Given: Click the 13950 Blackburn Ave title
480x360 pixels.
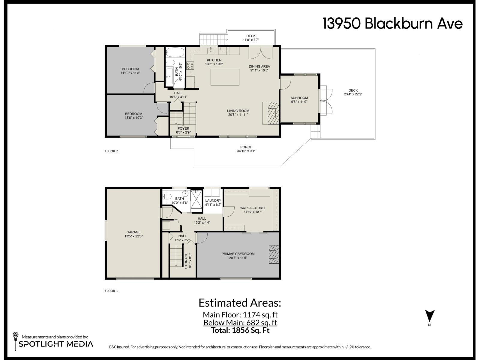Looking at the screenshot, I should pos(392,23).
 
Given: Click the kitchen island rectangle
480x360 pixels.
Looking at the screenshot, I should pos(225,77).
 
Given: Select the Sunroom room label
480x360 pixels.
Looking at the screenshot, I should pos(299,100).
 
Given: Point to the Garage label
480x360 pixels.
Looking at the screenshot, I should pos(133,234).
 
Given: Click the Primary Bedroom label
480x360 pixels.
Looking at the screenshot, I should pos(238,256).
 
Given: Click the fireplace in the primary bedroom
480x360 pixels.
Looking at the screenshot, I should pos(274,254).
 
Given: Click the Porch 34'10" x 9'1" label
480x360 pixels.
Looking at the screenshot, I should pos(246,149).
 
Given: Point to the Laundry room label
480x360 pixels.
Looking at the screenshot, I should pos(213,202).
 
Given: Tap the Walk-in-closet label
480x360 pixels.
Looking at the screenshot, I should pos(253,210).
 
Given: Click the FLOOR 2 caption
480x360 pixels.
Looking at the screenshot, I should pos(111,151).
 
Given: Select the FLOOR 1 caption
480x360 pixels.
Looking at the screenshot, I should pos(111,291).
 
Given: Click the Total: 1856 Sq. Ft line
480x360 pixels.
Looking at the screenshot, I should pos(240,330).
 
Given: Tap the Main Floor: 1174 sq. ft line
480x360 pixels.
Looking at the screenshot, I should pos(240,315).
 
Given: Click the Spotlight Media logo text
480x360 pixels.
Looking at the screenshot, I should pos(56,344).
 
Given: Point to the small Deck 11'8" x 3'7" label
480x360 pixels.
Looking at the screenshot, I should pos(251,38).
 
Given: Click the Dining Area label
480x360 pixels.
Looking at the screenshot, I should pos(259,68).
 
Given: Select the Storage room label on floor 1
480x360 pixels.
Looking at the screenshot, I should pos(188,260).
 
